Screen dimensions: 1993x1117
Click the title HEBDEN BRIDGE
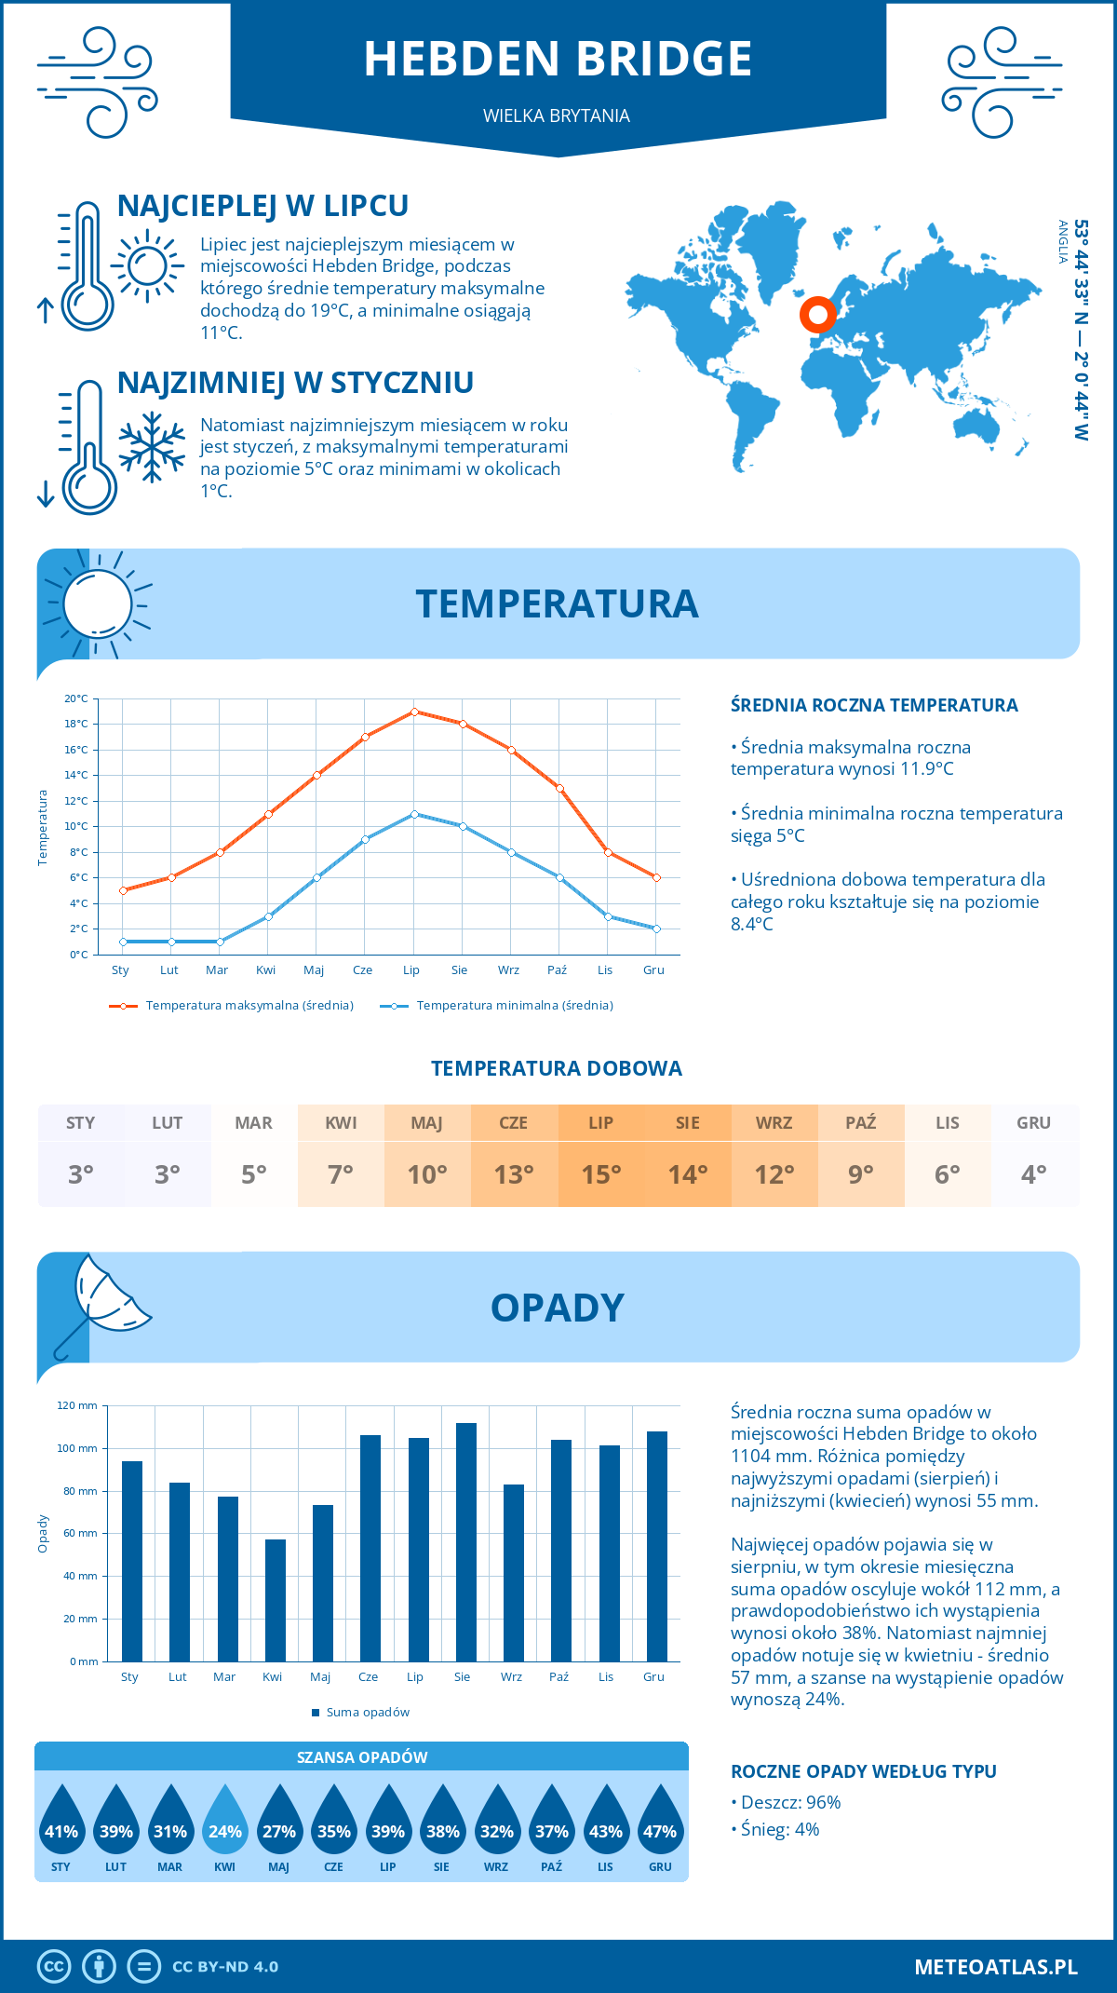point(558,59)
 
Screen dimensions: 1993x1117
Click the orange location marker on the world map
point(818,315)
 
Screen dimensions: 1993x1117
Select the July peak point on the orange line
point(414,712)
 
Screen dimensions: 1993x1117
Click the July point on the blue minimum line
point(414,814)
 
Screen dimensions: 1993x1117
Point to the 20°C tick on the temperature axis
point(77,698)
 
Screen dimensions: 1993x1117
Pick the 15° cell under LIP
point(601,1174)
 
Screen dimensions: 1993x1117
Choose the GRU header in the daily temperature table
point(1033,1123)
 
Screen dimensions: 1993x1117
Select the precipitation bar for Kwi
point(276,1600)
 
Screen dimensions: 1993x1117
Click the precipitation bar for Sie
point(466,1541)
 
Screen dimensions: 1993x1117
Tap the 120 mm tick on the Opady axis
point(78,1405)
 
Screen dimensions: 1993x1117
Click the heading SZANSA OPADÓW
point(362,1757)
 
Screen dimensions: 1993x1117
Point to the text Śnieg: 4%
point(780,1829)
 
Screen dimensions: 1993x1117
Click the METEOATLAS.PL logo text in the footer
point(996,1967)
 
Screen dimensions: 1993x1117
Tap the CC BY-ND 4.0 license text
point(225,1967)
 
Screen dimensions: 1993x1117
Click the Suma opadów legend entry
point(367,1713)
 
